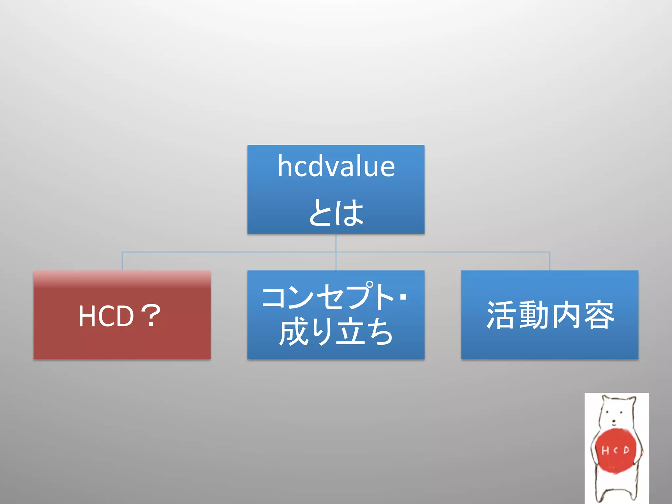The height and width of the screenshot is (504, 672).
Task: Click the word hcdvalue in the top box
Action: coord(336,166)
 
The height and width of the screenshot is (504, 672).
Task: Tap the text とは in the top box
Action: coord(336,213)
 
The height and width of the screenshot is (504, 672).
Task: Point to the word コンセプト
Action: coord(328,297)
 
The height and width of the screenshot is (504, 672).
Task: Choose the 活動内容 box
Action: coord(550,341)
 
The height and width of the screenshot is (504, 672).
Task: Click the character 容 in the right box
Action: coord(598,315)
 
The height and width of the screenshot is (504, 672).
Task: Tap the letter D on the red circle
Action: coord(626,450)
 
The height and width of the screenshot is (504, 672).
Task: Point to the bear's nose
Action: coord(614,421)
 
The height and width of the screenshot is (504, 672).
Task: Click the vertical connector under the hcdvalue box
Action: coord(336,243)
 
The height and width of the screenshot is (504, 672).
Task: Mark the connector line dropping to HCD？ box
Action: coord(122,261)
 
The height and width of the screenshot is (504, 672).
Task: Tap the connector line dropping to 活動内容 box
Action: coord(550,261)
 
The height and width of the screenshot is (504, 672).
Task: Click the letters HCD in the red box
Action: coord(106,316)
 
